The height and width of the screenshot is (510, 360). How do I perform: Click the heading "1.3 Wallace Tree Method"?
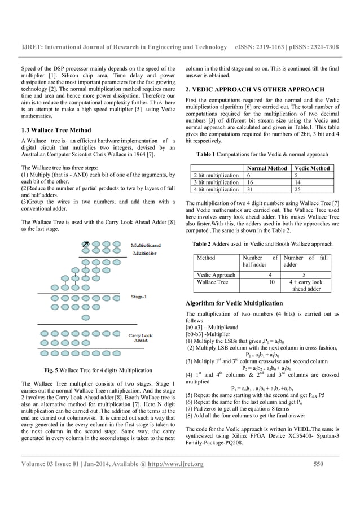click(51, 130)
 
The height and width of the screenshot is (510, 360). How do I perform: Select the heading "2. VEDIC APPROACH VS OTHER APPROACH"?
click(255, 89)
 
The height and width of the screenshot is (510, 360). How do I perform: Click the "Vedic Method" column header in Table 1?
click(313, 168)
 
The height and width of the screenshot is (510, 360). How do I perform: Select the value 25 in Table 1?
click(296, 189)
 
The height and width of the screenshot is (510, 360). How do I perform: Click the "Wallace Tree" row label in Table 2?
click(212, 282)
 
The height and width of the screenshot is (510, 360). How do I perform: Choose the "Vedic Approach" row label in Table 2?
click(216, 274)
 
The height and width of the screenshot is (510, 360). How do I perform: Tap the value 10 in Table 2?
click(271, 282)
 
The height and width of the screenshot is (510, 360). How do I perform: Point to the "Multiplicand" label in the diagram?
click(146, 246)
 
